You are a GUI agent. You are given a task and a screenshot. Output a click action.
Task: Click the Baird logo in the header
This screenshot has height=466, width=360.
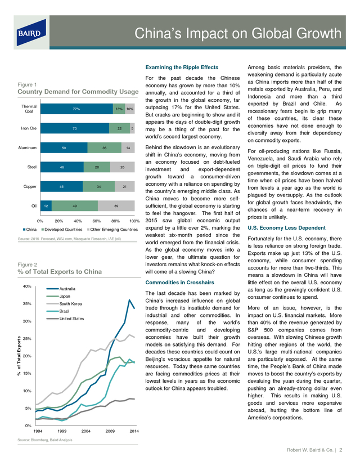(x=31, y=33)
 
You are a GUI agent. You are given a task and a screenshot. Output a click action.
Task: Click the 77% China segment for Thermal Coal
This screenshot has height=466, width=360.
(x=76, y=109)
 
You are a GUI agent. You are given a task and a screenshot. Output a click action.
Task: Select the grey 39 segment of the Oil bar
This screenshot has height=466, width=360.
(x=116, y=205)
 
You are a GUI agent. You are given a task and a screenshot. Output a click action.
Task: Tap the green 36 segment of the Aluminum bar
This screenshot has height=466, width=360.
(x=104, y=147)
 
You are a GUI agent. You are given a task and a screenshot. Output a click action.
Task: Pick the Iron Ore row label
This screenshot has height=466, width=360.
(x=29, y=128)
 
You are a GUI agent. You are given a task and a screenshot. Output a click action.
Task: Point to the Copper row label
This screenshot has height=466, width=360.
(x=30, y=187)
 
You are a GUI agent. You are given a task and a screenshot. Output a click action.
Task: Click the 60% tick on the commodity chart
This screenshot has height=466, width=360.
(x=97, y=221)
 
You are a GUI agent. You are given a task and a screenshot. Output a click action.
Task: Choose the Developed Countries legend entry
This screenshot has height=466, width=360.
(x=62, y=230)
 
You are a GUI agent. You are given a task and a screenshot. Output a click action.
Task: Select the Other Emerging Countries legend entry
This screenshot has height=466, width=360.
(x=112, y=230)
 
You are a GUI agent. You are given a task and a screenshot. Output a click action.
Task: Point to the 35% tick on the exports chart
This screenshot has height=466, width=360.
(x=27, y=304)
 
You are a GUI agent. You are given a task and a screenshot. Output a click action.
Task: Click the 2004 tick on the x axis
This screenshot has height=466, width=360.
(x=86, y=431)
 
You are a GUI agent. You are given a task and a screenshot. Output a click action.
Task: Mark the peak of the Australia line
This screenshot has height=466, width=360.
(x=129, y=300)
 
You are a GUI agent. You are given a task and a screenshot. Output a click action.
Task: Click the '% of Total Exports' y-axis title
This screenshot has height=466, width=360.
(x=19, y=356)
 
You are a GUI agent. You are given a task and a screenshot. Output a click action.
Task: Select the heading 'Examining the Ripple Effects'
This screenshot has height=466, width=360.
(x=182, y=68)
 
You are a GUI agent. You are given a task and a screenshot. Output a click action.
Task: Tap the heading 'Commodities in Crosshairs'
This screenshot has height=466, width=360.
(x=179, y=283)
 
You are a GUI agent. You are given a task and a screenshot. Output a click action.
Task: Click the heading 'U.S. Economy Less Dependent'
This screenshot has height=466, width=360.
(x=287, y=228)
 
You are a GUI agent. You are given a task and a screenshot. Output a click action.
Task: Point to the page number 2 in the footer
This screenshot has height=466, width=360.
(x=341, y=450)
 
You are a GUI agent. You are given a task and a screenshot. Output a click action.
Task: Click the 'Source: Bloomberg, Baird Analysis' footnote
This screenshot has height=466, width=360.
(x=45, y=440)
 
